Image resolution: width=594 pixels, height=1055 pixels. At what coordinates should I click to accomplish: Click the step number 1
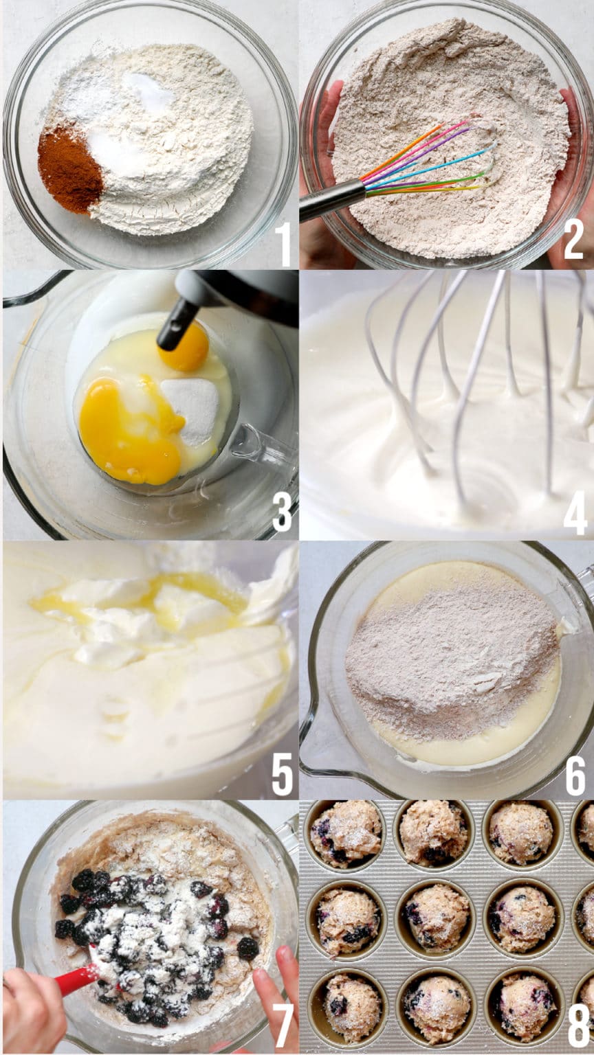pyautogui.click(x=285, y=243)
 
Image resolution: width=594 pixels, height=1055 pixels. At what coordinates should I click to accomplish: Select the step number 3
pyautogui.click(x=282, y=510)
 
